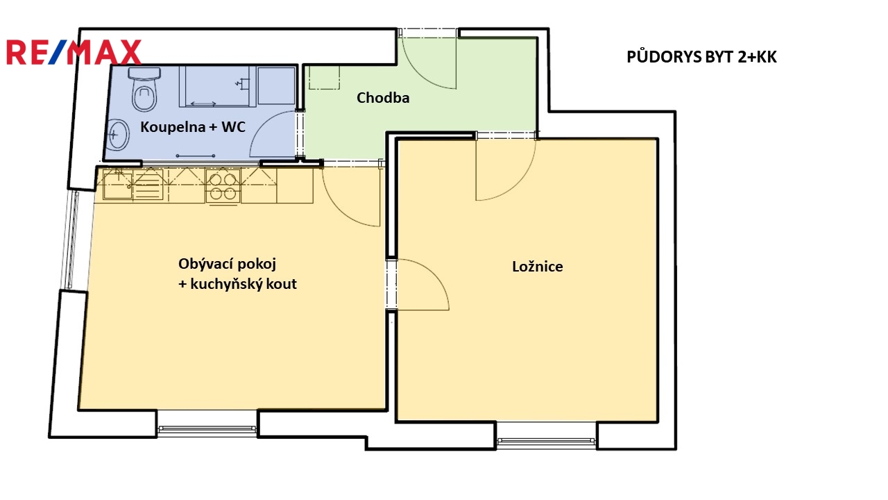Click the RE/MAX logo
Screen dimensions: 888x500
pyautogui.click(x=74, y=52)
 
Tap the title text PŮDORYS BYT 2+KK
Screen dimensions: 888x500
pyautogui.click(x=701, y=57)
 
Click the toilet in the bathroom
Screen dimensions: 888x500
pyautogui.click(x=145, y=90)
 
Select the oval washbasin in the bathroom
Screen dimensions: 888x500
pyautogui.click(x=118, y=135)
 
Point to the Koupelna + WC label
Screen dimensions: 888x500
pyautogui.click(x=193, y=127)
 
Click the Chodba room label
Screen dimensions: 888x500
pyautogui.click(x=383, y=98)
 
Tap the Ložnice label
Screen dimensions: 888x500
pyautogui.click(x=537, y=266)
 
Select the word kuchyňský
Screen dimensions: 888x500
pyautogui.click(x=226, y=284)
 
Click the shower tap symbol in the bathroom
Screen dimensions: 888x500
pyautogui.click(x=242, y=84)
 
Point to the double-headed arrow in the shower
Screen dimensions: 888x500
pyautogui.click(x=203, y=104)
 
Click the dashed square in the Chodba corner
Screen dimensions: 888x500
pyautogui.click(x=324, y=77)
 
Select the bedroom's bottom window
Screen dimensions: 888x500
pyautogui.click(x=546, y=441)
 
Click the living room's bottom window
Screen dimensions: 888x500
pyautogui.click(x=207, y=429)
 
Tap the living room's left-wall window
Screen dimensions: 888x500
pyautogui.click(x=72, y=240)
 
